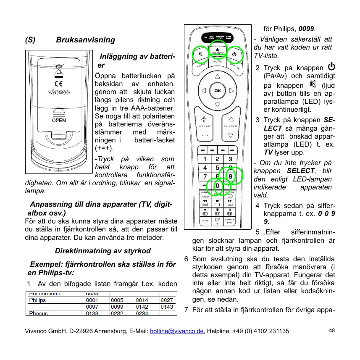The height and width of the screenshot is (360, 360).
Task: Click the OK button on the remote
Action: (x=217, y=91)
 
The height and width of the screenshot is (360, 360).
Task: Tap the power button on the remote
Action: (x=234, y=54)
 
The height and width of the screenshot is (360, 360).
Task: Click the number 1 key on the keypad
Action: (x=205, y=159)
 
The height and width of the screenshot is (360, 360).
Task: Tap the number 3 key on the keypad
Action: (x=230, y=159)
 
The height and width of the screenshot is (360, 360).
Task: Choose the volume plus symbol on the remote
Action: (x=205, y=119)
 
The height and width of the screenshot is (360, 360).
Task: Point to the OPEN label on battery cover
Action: (x=58, y=120)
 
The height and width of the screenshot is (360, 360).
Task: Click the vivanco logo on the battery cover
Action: (x=58, y=92)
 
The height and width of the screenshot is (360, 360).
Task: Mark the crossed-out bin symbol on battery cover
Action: (x=58, y=68)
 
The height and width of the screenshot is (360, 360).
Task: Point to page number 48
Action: (x=332, y=331)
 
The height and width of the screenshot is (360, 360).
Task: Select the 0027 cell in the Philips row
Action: (x=167, y=300)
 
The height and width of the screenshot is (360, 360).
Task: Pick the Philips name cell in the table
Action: (x=37, y=300)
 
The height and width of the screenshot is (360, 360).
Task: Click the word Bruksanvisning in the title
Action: (x=85, y=40)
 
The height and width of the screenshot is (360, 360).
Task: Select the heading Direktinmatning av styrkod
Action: (x=103, y=251)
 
